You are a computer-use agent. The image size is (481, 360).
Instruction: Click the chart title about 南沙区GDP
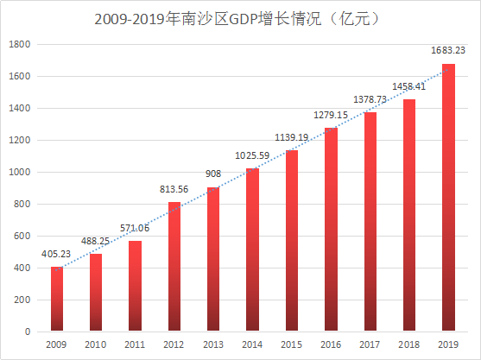(x=240, y=16)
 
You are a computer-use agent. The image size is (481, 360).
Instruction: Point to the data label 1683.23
(x=448, y=52)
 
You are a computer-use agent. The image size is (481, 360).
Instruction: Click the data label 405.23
(x=57, y=255)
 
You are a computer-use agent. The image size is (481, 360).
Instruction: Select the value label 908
(x=213, y=174)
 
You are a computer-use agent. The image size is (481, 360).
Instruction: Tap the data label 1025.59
(x=252, y=155)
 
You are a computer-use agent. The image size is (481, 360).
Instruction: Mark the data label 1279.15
(x=331, y=115)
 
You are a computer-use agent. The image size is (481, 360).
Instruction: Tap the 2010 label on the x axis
(x=96, y=344)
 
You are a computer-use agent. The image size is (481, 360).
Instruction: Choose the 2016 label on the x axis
(x=331, y=344)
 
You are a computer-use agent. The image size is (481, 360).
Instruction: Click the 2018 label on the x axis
(x=409, y=344)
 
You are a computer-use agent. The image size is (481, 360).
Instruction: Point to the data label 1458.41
(x=409, y=86)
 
